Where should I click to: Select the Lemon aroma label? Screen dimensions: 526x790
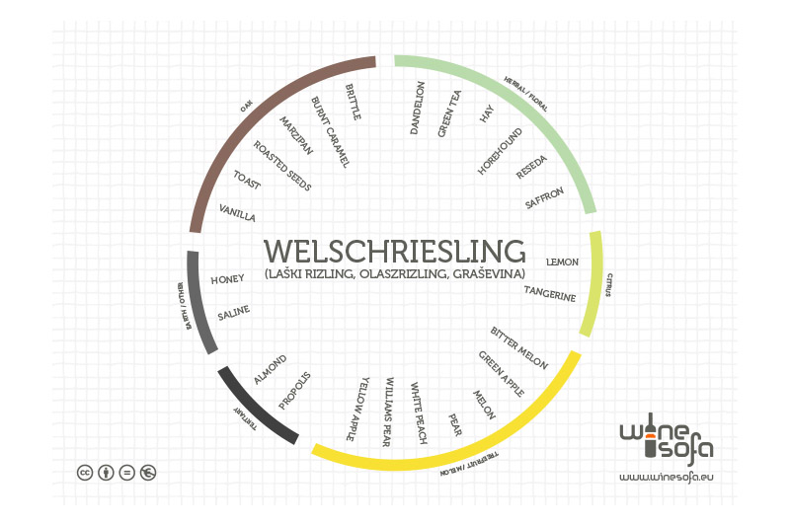[x=562, y=263]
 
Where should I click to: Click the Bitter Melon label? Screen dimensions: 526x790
[x=519, y=347]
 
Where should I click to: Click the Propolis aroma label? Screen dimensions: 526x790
[x=294, y=390]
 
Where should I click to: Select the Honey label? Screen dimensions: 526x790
[x=227, y=280]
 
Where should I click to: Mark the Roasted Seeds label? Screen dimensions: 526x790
[x=282, y=166]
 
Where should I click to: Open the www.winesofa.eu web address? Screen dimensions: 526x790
[x=666, y=477]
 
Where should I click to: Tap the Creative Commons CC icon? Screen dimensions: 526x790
[x=85, y=472]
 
